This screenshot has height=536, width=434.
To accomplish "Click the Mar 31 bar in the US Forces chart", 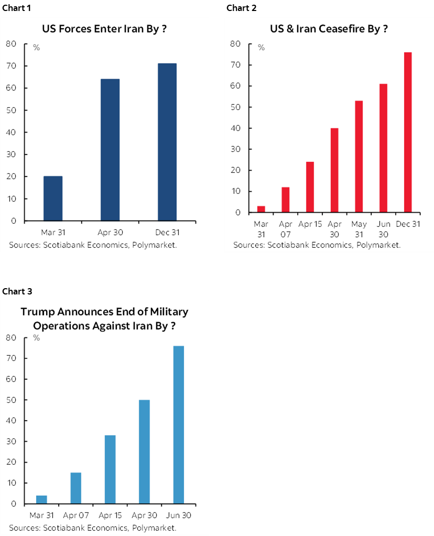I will click(52, 199).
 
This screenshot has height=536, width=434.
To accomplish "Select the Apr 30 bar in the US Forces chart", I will click(110, 150).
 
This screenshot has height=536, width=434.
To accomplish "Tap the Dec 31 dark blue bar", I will click(167, 142).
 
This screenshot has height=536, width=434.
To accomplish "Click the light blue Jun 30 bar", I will click(178, 425).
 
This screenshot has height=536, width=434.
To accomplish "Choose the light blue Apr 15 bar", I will click(110, 469).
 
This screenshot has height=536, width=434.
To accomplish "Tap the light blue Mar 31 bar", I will click(41, 500).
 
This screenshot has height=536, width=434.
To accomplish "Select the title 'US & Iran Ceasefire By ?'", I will click(329, 29).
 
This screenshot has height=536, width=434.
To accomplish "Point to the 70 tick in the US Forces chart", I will click(11, 66).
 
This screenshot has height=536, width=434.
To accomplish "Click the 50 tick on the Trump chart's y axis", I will click(11, 400).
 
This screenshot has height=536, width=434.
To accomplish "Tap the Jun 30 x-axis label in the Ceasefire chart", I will click(383, 229).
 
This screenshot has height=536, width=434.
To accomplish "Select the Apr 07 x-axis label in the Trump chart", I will click(75, 516).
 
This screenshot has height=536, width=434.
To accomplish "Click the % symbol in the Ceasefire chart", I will click(261, 48).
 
